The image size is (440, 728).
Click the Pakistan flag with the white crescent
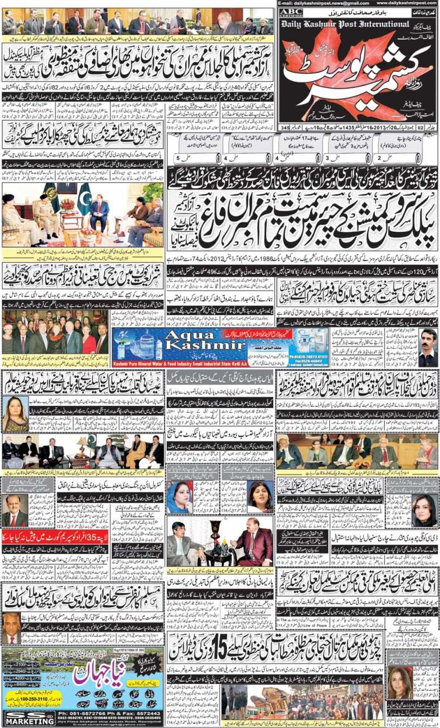click(x=85, y=199)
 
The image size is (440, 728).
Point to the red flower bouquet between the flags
click(x=67, y=205)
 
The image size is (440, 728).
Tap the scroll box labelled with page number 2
click(x=382, y=156)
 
